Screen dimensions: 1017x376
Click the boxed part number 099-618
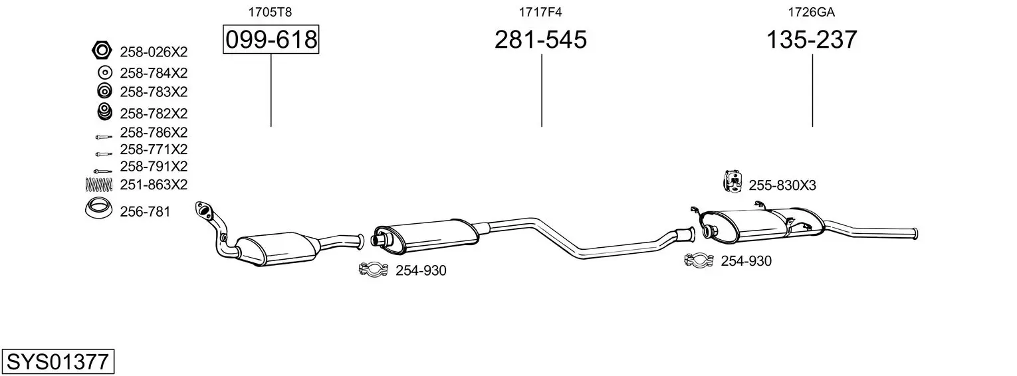click(x=271, y=39)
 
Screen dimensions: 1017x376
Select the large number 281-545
click(x=540, y=39)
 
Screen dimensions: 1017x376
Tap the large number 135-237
click(x=812, y=39)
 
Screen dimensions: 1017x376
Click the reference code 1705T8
click(x=270, y=12)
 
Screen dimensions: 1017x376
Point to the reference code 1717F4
click(x=540, y=12)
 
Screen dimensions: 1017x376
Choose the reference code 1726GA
click(x=811, y=12)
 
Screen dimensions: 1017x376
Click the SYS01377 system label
click(x=58, y=361)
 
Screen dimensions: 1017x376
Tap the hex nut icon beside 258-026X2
click(x=102, y=50)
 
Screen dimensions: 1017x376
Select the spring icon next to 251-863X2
click(x=98, y=184)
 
